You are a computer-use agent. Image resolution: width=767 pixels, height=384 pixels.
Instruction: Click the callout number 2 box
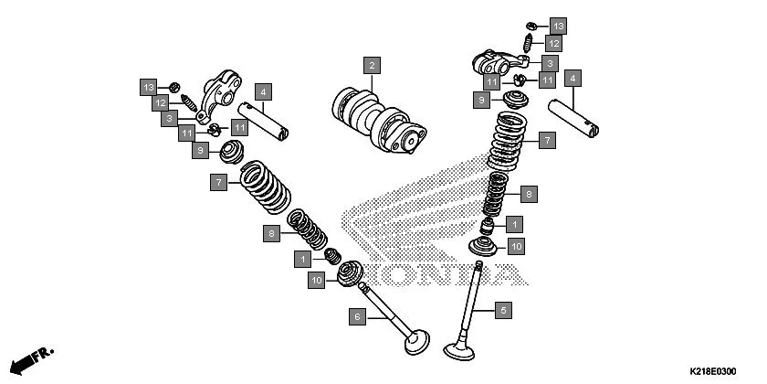[x=371, y=65]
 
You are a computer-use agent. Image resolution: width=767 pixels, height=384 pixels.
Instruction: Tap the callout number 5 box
[x=501, y=310]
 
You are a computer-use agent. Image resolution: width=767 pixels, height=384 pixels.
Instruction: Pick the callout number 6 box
[x=358, y=315]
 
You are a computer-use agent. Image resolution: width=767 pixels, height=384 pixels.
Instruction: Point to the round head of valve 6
[x=417, y=345]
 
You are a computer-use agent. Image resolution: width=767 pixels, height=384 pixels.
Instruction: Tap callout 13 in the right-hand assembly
[x=557, y=26]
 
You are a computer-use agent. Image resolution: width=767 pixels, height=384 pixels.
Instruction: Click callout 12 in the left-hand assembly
[x=160, y=102]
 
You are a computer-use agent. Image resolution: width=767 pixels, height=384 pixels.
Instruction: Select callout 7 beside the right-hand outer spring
[x=545, y=140]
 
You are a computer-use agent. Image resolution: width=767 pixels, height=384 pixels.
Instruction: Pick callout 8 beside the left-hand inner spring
[x=271, y=234]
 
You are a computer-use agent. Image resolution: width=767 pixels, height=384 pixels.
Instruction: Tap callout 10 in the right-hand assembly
[x=516, y=246]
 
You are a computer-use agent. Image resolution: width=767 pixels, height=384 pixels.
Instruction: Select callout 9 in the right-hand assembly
[x=479, y=99]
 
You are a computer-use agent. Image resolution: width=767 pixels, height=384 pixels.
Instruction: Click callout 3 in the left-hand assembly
[x=170, y=118]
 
